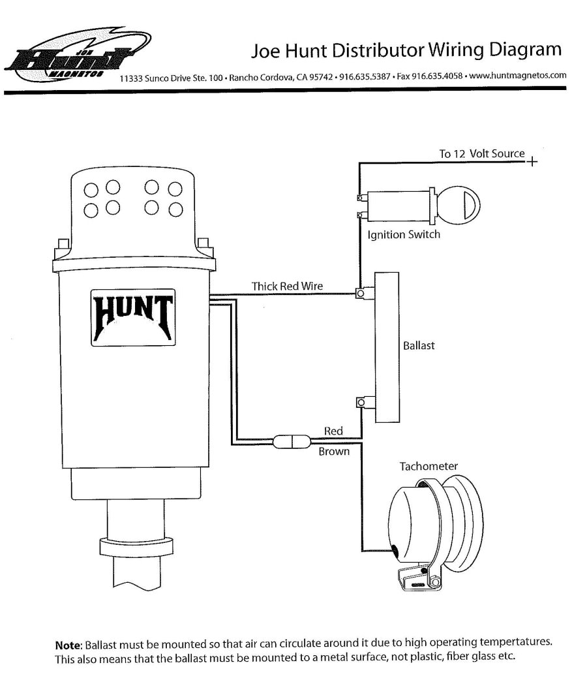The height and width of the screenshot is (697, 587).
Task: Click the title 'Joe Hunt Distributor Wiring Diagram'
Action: point(406,51)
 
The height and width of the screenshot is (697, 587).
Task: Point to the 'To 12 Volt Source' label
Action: point(481,154)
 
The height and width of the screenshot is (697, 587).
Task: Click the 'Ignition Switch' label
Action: point(404,234)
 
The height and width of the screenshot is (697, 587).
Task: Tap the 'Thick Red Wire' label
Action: point(287,286)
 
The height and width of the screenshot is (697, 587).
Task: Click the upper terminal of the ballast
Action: point(360,294)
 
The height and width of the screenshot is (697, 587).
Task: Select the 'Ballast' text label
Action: point(419,345)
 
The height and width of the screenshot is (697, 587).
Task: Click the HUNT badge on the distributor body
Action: point(132,317)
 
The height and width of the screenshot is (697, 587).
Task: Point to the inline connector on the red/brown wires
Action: point(287,442)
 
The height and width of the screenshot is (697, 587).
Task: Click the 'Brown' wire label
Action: point(334,452)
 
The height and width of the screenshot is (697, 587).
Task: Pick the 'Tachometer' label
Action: point(429,466)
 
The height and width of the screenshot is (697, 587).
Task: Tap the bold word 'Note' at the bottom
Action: point(68,643)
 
